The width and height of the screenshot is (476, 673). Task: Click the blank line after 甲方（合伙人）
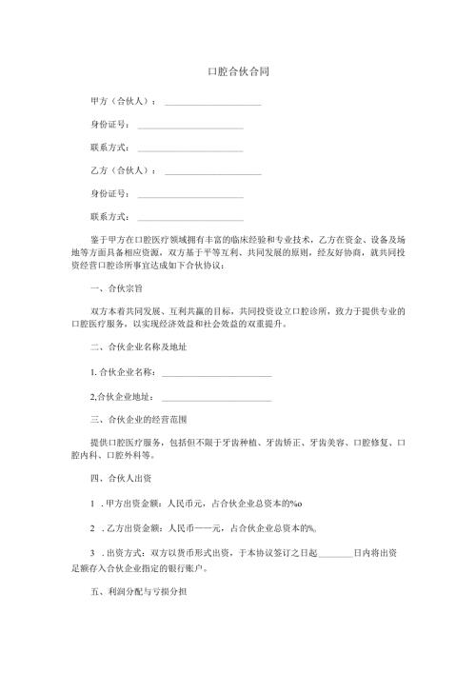[213, 103]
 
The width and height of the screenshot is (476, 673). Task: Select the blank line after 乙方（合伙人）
[213, 173]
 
